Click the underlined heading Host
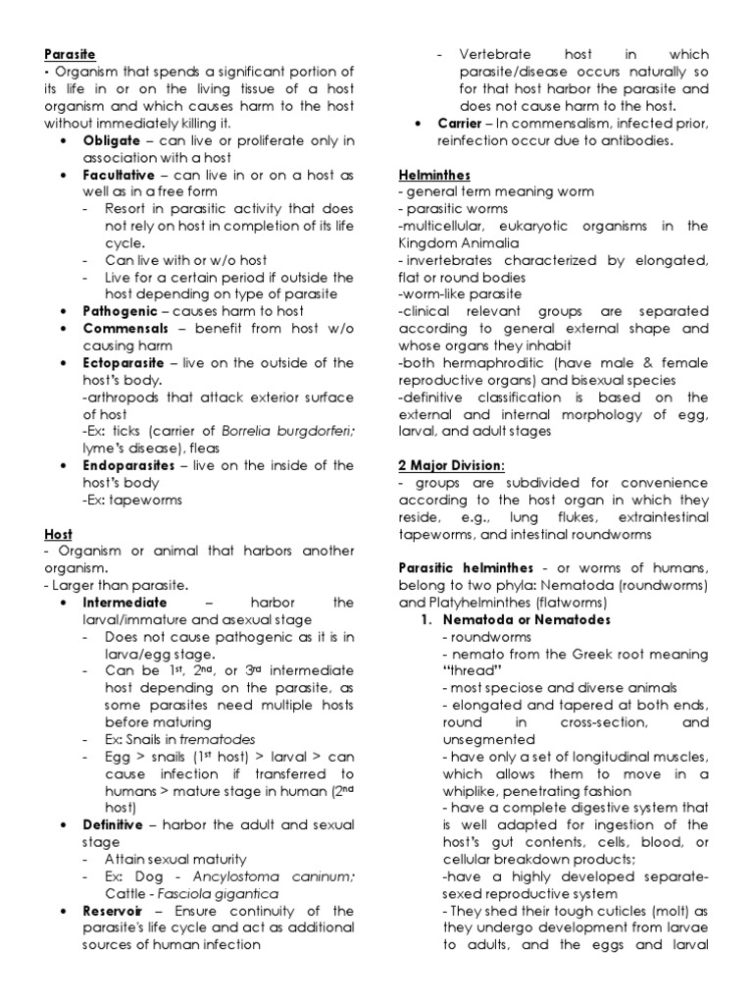(x=58, y=533)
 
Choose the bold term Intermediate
(x=125, y=602)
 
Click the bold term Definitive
(x=114, y=823)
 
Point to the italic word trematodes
(x=191, y=738)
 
